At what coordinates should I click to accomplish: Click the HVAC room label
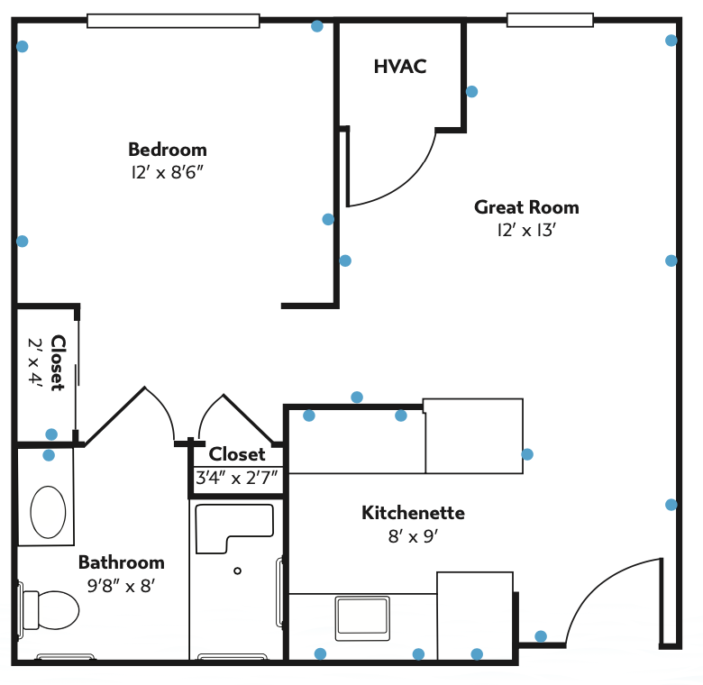pos(400,67)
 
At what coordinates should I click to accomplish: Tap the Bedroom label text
pos(168,150)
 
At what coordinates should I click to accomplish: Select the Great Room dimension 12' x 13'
pos(526,231)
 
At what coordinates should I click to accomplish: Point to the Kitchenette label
pos(413,513)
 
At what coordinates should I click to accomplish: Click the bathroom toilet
pos(50,609)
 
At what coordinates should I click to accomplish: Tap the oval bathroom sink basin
pos(48,512)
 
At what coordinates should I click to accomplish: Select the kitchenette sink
pos(362,618)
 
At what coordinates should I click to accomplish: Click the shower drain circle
pos(238,571)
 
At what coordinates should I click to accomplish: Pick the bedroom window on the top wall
pos(173,21)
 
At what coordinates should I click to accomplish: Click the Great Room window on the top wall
pos(550,20)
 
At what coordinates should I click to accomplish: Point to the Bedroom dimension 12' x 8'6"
pos(168,172)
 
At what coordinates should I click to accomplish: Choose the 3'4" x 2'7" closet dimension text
pos(237,478)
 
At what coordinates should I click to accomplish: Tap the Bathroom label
pos(122,562)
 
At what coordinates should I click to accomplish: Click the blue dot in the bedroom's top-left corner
pos(23,46)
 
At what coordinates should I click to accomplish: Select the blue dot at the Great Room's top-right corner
pos(671,41)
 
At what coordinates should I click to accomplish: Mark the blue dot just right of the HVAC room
pos(471,91)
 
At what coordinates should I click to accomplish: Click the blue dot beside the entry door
pos(541,636)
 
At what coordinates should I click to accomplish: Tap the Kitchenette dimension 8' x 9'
pos(413,536)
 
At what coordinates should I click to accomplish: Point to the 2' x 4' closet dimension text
pos(35,361)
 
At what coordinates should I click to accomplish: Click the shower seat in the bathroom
pos(234,529)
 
